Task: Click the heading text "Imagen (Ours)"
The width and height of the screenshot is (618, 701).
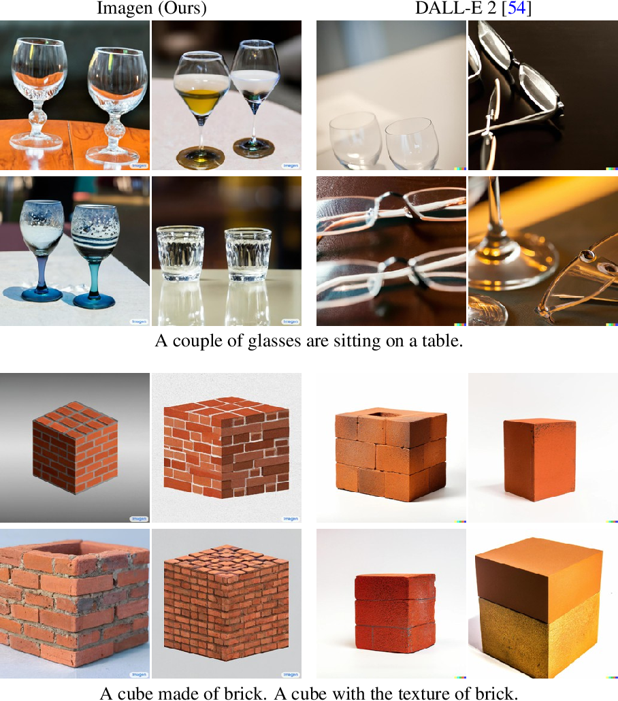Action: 151,9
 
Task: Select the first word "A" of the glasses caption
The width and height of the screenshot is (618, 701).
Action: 161,340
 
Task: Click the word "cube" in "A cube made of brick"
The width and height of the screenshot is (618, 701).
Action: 136,693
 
